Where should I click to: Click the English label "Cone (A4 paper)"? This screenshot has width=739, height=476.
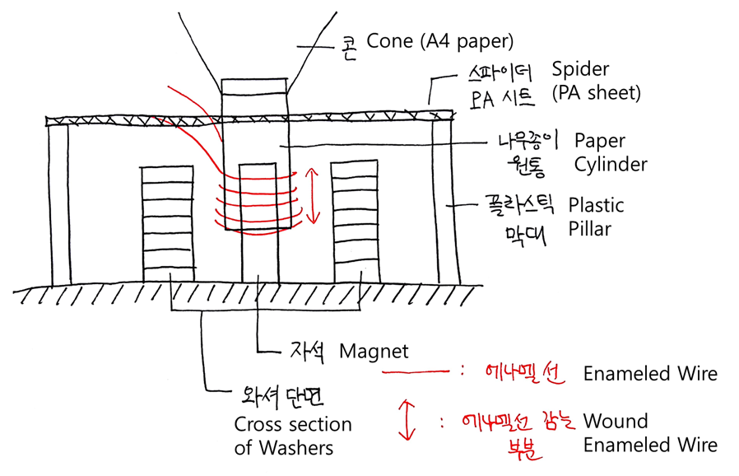coord(439,40)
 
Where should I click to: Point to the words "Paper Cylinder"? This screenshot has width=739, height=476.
coord(611,152)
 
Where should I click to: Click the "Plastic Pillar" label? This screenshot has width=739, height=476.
coord(596,217)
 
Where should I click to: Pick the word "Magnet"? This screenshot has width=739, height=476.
coord(374,352)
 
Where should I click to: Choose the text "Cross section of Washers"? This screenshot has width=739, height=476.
coord(293,436)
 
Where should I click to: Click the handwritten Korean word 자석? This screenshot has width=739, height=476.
coord(306,352)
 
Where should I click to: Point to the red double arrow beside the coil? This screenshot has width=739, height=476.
coord(312,195)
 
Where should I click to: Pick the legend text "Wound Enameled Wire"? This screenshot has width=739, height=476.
coord(649,433)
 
